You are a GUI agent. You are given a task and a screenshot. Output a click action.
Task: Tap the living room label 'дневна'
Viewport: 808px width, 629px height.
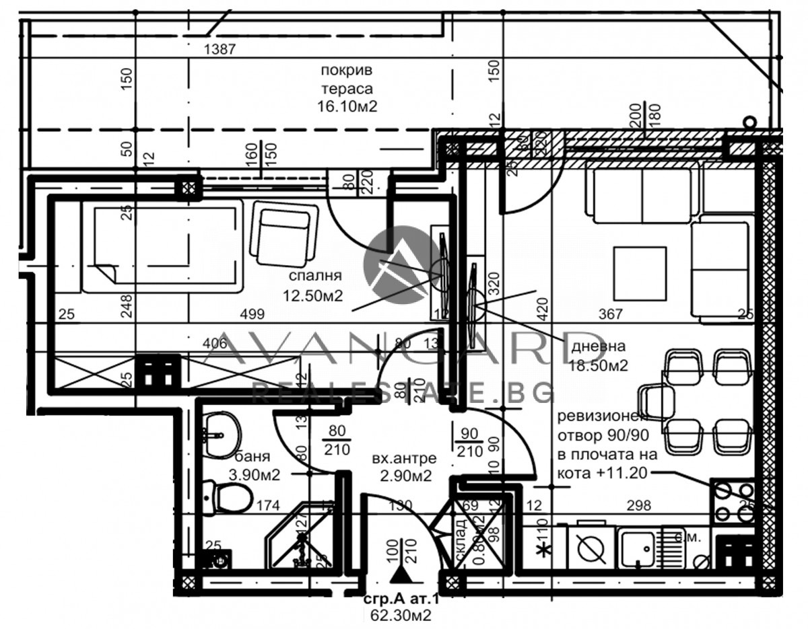pyautogui.click(x=598, y=347)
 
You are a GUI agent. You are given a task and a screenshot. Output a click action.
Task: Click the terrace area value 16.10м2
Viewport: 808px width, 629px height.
pyautogui.click(x=347, y=106)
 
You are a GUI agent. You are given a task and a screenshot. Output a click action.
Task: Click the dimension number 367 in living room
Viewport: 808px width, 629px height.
pyautogui.click(x=610, y=313)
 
